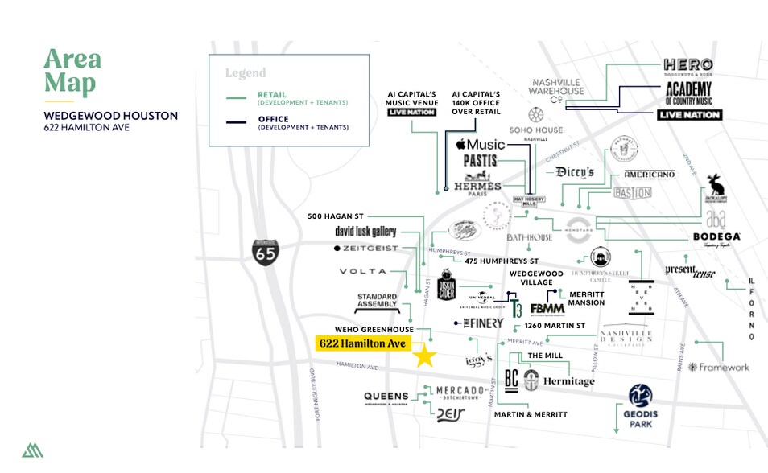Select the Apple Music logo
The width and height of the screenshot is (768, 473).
coord(480,145)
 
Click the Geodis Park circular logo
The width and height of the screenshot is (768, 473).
coord(641,395)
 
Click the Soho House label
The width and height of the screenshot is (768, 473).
coord(535,130)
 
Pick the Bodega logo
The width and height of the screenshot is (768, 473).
coord(716,237)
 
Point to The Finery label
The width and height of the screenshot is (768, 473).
coord(482,323)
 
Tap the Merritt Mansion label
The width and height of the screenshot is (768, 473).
coord(587,298)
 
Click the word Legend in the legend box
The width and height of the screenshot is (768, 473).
coord(246,73)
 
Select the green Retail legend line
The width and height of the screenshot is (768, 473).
coord(236,98)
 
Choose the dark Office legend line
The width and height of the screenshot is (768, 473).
coord(236,123)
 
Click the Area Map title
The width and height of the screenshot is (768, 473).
coord(72,71)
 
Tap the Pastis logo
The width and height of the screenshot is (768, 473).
coord(480,161)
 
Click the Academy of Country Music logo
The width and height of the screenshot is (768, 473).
coord(688,93)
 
